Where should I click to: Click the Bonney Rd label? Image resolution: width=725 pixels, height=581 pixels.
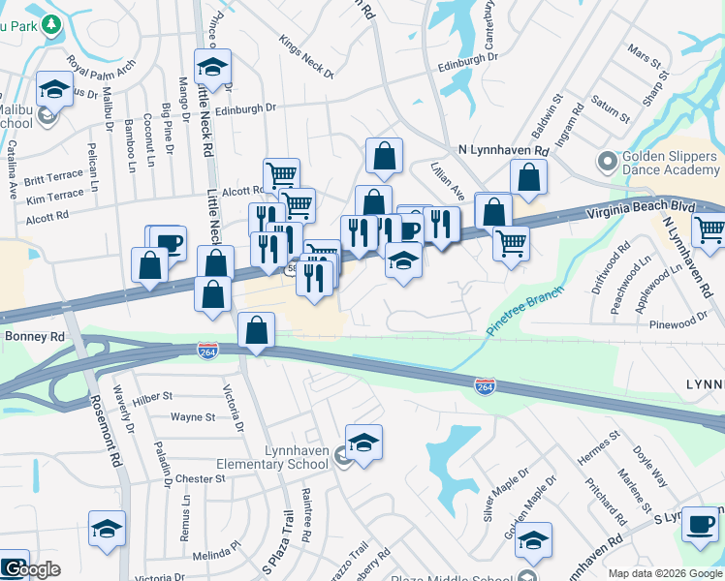tap(34, 336)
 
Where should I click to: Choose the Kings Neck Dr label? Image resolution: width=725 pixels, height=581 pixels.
tap(305, 58)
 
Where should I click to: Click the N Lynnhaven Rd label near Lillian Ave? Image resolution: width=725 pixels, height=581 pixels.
tap(503, 151)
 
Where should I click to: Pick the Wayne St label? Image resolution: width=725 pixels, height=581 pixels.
tap(193, 417)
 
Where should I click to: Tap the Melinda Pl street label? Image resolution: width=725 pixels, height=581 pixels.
tap(215, 555)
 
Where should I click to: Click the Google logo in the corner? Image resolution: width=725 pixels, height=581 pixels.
tap(31, 569)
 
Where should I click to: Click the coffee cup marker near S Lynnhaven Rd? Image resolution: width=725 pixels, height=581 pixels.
tap(699, 524)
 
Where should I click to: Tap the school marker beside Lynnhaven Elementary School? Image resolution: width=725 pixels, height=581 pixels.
tap(363, 443)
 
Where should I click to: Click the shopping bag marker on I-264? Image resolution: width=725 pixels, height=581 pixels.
tap(255, 331)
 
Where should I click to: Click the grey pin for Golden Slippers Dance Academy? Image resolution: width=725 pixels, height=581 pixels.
tap(607, 161)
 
